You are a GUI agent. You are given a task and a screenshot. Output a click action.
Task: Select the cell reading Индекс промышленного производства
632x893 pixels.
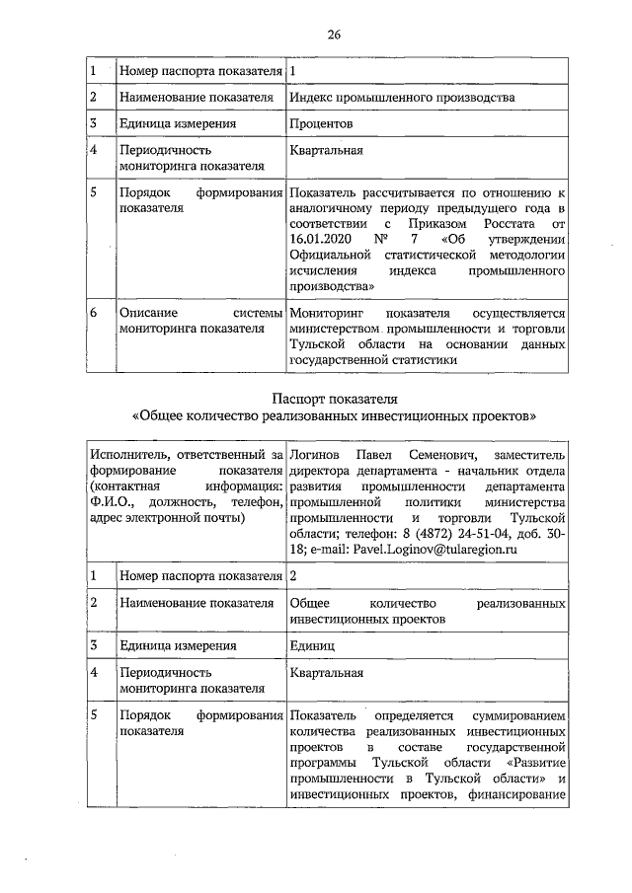[x=402, y=98]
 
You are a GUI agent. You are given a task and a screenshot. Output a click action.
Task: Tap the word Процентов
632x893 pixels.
[x=322, y=124]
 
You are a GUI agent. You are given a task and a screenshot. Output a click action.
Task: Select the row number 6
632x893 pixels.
[x=93, y=312]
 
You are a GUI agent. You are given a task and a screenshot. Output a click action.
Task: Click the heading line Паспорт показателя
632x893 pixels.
[x=334, y=399]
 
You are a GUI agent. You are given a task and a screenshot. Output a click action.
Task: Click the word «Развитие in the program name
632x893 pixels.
[x=533, y=763]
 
